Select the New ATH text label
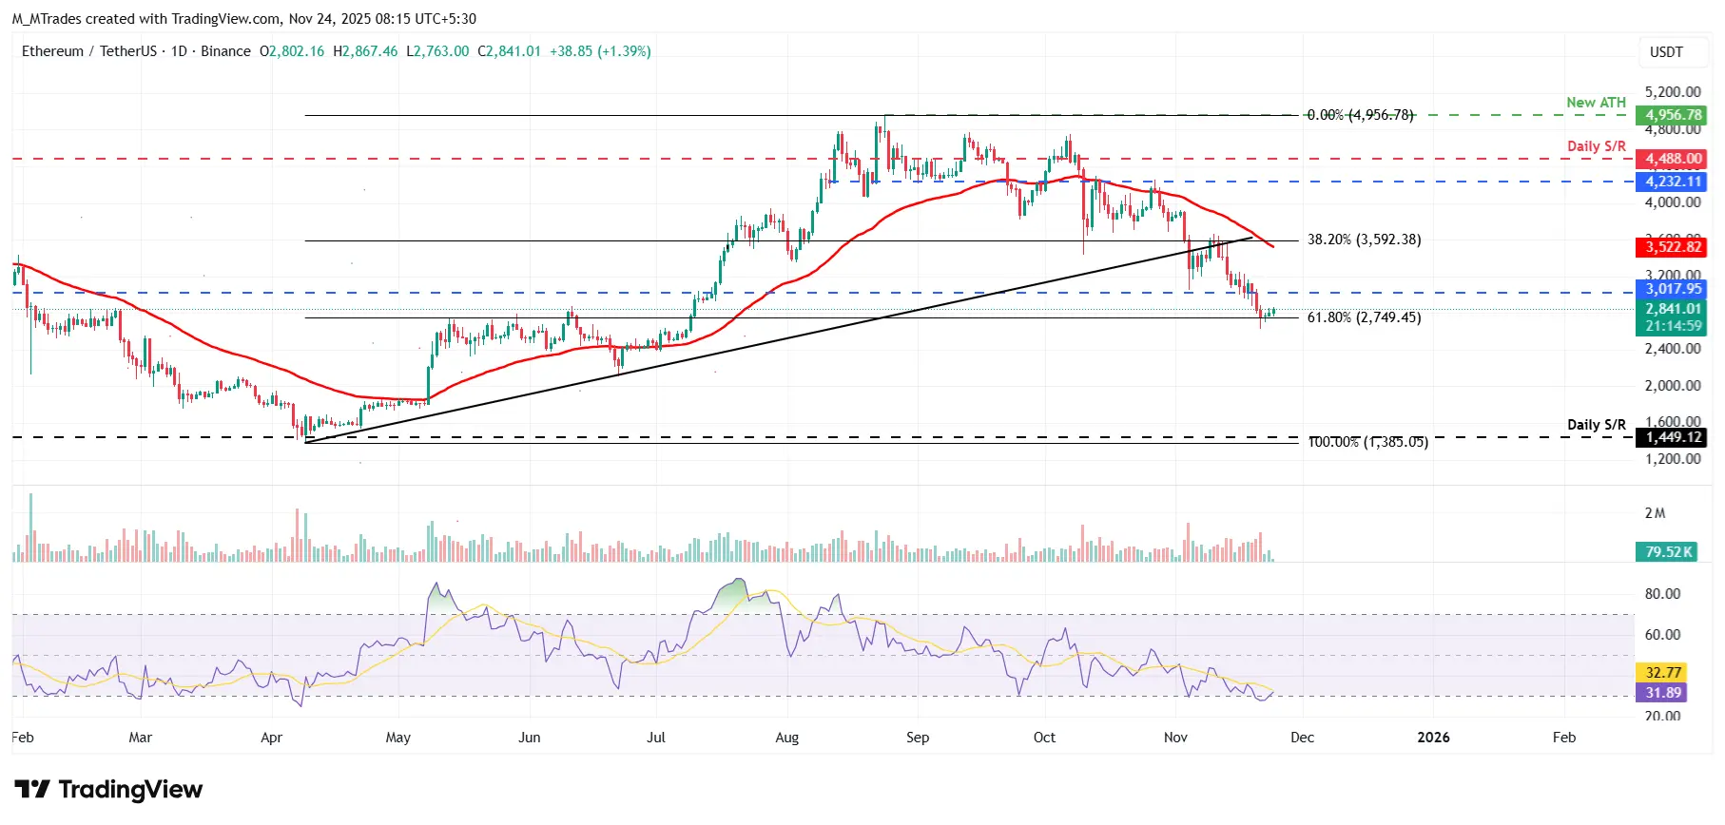[1596, 103]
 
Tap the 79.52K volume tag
[1669, 551]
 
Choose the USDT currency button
[1666, 52]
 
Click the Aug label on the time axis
[786, 738]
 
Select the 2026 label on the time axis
[1433, 738]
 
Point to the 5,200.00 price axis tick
[1673, 92]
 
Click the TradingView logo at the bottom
[108, 790]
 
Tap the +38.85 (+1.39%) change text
[600, 51]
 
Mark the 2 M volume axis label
[1655, 513]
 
